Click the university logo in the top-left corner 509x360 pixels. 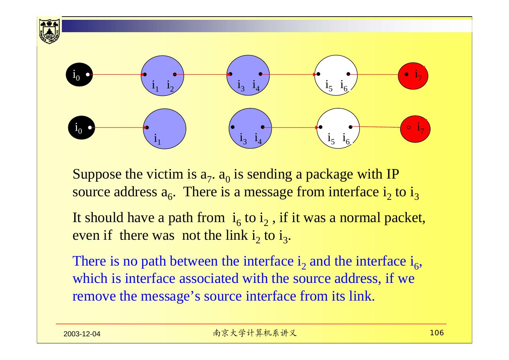coord(49,30)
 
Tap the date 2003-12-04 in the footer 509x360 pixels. coord(82,334)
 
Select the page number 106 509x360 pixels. coord(437,333)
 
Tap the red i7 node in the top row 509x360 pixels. coord(413,76)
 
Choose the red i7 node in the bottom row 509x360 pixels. coord(415,129)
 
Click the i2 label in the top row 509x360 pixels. coord(170,86)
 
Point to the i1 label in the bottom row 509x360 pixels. coord(157,139)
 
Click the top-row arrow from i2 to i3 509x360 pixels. coord(202,75)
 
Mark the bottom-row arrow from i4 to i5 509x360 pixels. coord(291,127)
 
